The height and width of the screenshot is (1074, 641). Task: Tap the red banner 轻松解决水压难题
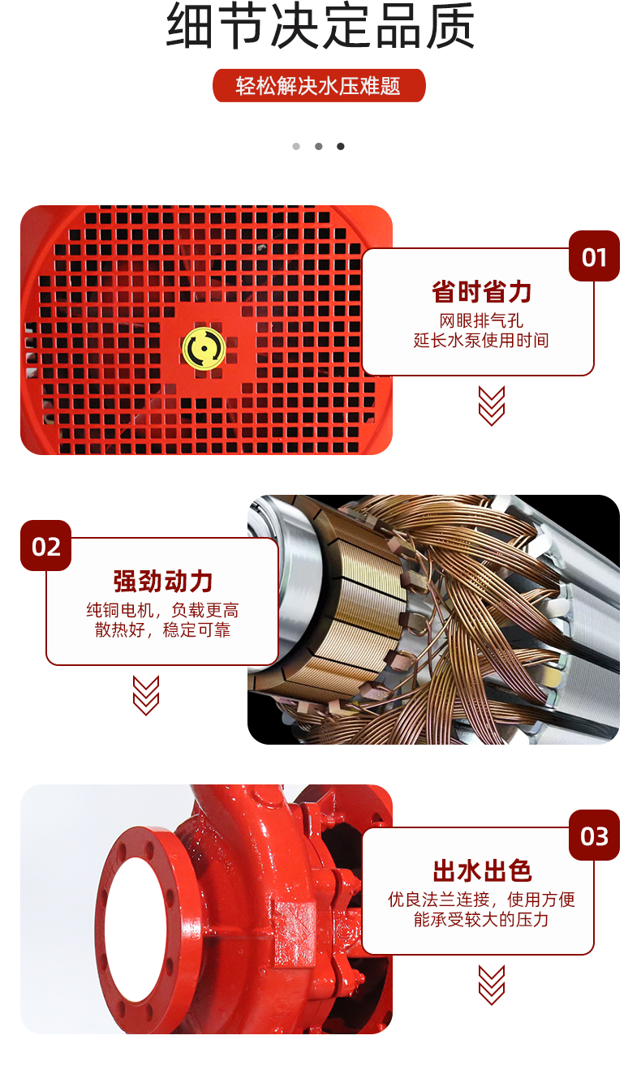tap(319, 86)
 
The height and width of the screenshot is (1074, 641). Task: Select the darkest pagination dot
tap(341, 146)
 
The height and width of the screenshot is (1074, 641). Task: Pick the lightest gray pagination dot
tap(296, 146)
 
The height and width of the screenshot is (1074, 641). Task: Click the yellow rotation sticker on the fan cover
tap(204, 349)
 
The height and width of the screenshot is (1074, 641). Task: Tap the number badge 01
tap(594, 256)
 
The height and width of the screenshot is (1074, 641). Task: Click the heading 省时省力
tap(481, 292)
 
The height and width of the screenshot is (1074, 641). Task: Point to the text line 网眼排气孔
tap(481, 320)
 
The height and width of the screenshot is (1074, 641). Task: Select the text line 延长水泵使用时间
tap(481, 341)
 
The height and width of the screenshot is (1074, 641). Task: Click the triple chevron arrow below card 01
tap(492, 406)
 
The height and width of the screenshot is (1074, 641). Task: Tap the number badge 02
tap(46, 546)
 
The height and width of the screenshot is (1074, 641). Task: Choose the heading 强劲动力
tap(163, 582)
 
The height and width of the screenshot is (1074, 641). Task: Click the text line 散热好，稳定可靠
tap(163, 630)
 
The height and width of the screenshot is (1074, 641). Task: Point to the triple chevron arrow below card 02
tap(146, 695)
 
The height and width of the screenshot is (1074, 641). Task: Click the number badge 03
tap(594, 836)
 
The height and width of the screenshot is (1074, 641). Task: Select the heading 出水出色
tap(482, 871)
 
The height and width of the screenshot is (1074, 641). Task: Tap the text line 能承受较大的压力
tap(481, 920)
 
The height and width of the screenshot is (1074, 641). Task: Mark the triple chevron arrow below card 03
tap(492, 985)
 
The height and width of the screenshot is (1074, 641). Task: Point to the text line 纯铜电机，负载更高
tap(163, 610)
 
